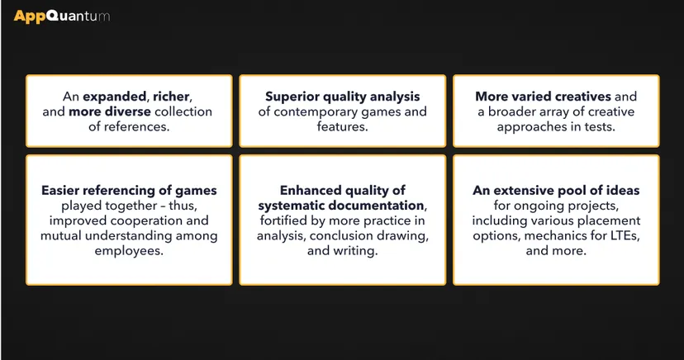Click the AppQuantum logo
pos(61,17)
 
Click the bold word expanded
pos(114,97)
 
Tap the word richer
pos(171,97)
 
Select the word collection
pos(183,111)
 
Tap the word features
pos(343,127)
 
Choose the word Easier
pos(60,191)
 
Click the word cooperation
pos(146,220)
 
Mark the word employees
pos(129,252)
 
